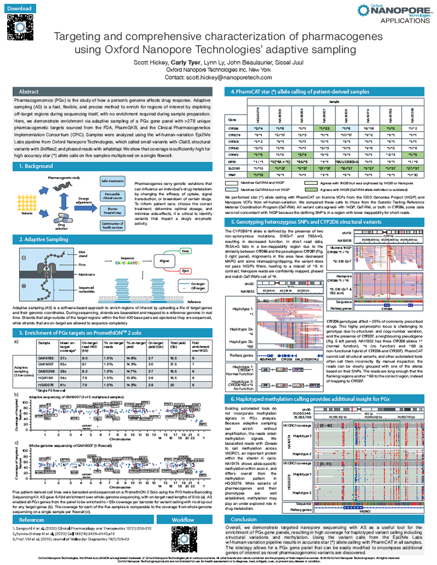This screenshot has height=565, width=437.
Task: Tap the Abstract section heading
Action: (x=29, y=92)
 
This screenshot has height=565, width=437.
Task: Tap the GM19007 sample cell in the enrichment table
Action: (x=45, y=363)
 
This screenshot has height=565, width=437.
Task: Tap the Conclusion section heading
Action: (x=244, y=519)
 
